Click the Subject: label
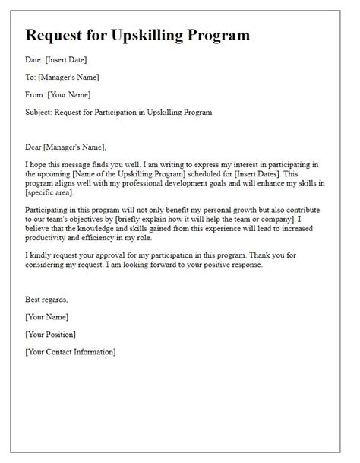(x=41, y=112)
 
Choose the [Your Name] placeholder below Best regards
(x=46, y=317)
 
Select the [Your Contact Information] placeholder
(x=71, y=352)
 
